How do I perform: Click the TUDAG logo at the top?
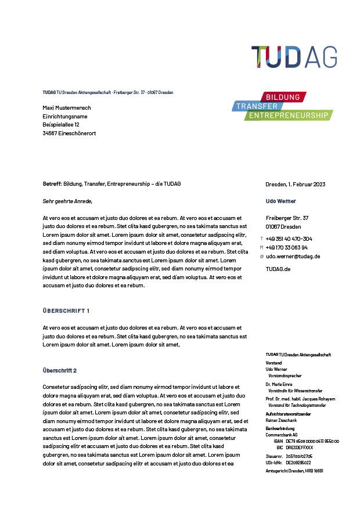(294, 57)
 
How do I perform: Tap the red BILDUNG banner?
(283, 96)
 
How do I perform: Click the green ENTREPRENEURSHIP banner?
(288, 115)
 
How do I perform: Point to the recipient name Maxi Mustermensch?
(67, 108)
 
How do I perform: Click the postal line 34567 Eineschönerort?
(69, 133)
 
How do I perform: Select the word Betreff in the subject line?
(52, 184)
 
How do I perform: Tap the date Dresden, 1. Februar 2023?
(295, 184)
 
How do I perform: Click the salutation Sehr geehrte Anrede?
(67, 201)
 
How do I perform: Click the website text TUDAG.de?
(278, 269)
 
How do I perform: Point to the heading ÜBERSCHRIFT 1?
(66, 311)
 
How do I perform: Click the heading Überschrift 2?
(60, 370)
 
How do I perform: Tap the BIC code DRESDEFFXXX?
(299, 447)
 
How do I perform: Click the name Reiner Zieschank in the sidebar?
(280, 420)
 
